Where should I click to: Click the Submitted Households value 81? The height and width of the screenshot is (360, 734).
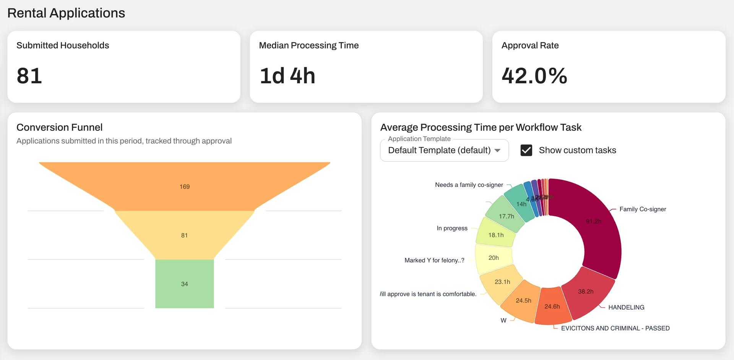point(29,76)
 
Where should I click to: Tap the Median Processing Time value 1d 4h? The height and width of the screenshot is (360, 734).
point(287,76)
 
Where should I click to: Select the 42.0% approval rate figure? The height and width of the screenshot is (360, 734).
point(534,76)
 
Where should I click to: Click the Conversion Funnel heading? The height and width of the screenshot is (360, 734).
point(60,127)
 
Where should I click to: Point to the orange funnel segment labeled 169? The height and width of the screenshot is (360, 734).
point(185,186)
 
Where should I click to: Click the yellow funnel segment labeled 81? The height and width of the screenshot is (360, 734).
point(185,235)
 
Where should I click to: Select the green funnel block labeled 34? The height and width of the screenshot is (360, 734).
point(185,284)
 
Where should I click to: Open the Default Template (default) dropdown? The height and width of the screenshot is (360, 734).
point(444,150)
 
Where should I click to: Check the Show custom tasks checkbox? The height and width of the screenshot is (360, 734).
point(526,150)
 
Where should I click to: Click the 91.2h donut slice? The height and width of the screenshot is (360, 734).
point(594,221)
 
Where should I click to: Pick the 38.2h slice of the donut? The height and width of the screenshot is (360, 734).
point(586,292)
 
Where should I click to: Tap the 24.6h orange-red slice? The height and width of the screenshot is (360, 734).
point(552,306)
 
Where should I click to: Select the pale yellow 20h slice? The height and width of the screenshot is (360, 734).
point(494,258)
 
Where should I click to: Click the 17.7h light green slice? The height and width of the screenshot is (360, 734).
point(506,216)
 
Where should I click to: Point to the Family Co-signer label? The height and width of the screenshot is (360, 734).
point(643,209)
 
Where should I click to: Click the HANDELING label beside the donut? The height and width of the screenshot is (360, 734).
point(626,307)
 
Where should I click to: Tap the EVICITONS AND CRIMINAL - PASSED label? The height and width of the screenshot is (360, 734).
point(615,328)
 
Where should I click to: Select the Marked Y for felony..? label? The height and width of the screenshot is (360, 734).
point(434,260)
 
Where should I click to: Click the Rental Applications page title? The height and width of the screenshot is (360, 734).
point(66,13)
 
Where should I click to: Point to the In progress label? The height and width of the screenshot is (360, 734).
point(452,228)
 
